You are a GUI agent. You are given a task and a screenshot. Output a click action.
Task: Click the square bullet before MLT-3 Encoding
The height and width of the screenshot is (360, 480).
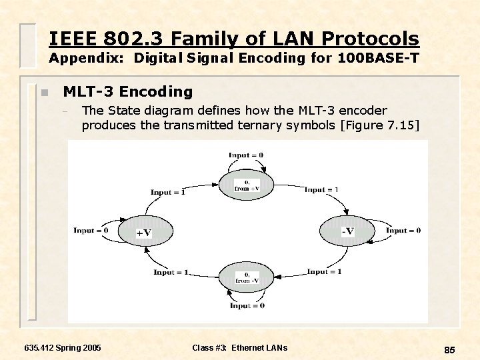[43, 93]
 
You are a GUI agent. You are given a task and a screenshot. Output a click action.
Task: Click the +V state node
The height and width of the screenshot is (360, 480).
[143, 231]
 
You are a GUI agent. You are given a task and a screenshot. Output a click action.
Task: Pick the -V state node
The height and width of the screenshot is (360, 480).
[347, 231]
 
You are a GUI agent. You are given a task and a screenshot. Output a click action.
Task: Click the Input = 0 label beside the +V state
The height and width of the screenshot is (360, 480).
[91, 231]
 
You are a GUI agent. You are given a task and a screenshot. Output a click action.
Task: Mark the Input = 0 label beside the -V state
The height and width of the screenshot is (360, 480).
[403, 231]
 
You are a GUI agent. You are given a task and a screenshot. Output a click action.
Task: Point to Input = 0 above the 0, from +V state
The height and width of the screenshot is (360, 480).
[246, 155]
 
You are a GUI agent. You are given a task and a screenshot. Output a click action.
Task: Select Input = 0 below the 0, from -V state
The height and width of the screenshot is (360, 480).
[247, 305]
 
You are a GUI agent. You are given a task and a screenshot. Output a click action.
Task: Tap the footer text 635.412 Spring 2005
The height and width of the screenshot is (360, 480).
[63, 348]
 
